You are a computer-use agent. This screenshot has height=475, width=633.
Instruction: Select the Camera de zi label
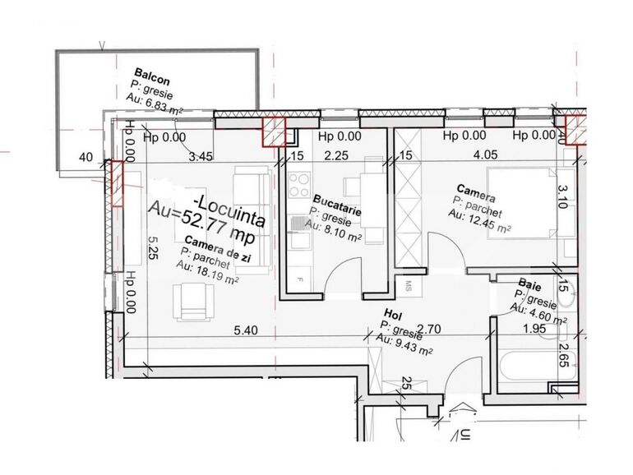[217, 247]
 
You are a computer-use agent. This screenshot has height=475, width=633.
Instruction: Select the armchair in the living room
[192, 301]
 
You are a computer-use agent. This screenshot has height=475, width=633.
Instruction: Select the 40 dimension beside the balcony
[85, 156]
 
